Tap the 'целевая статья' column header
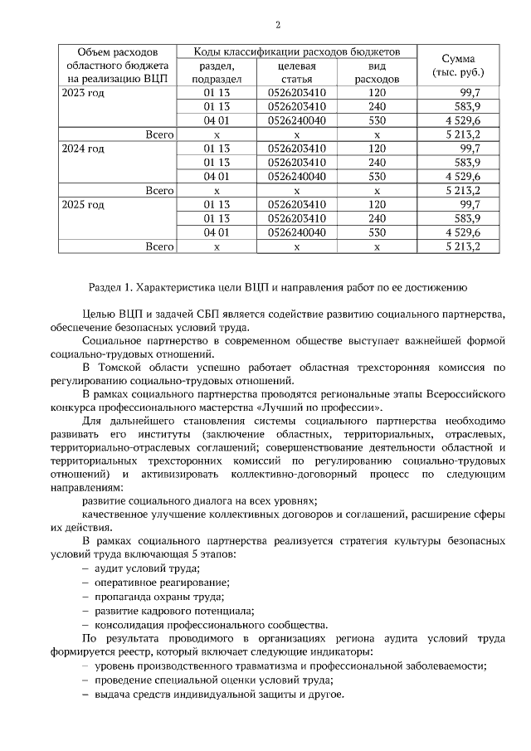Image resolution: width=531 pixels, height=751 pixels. [296, 72]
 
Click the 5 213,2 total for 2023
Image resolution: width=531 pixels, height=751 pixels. [463, 134]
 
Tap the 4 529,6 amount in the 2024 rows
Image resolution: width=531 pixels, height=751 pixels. [463, 176]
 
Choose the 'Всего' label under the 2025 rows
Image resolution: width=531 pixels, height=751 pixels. [158, 246]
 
